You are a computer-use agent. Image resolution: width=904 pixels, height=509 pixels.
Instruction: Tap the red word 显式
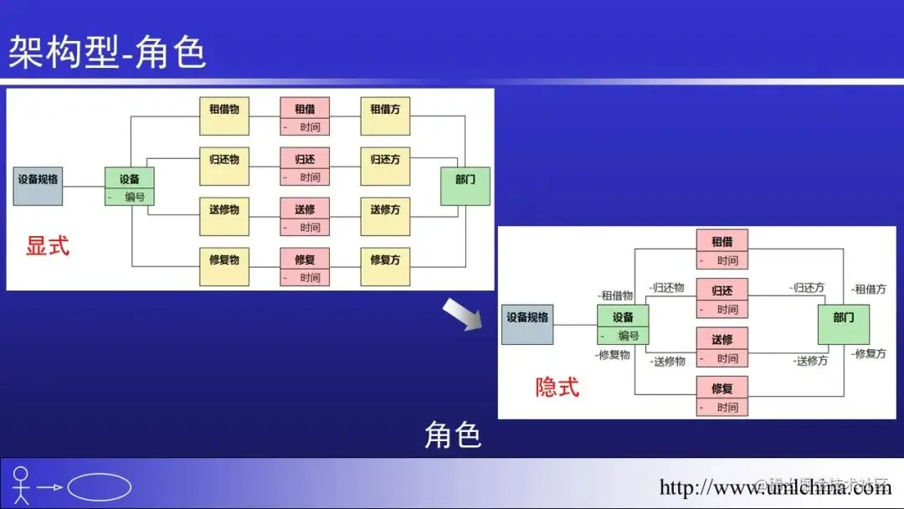pos(48,246)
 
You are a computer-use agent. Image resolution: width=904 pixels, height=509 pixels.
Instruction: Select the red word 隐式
pos(557,387)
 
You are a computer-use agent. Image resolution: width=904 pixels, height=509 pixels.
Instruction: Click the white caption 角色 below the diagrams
pos(453,435)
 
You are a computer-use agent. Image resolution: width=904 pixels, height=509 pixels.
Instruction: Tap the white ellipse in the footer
pos(99,487)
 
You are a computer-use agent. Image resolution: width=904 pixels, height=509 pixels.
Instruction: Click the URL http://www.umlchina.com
pos(775,487)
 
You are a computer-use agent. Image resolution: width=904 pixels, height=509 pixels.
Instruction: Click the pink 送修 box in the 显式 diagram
pos(305,209)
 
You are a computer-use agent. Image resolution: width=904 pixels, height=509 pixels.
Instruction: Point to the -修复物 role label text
pos(614,355)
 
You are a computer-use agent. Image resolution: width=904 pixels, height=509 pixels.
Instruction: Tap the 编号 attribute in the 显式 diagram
pos(135,197)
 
